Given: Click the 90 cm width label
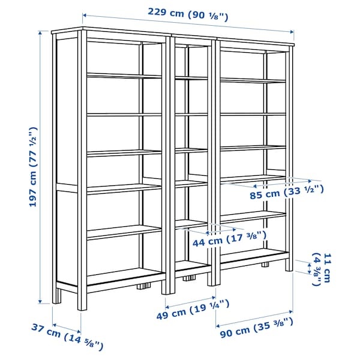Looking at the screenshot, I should pos(256,331).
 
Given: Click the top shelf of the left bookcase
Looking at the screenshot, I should pos(124,76).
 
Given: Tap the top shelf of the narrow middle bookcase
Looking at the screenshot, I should pos(191,77).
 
